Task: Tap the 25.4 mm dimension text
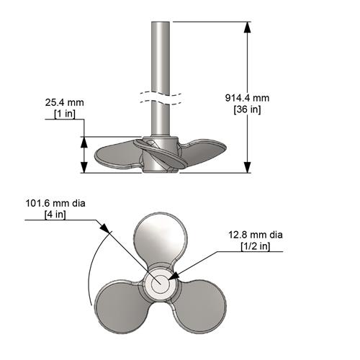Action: point(64,103)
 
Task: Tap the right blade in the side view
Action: point(209,151)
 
